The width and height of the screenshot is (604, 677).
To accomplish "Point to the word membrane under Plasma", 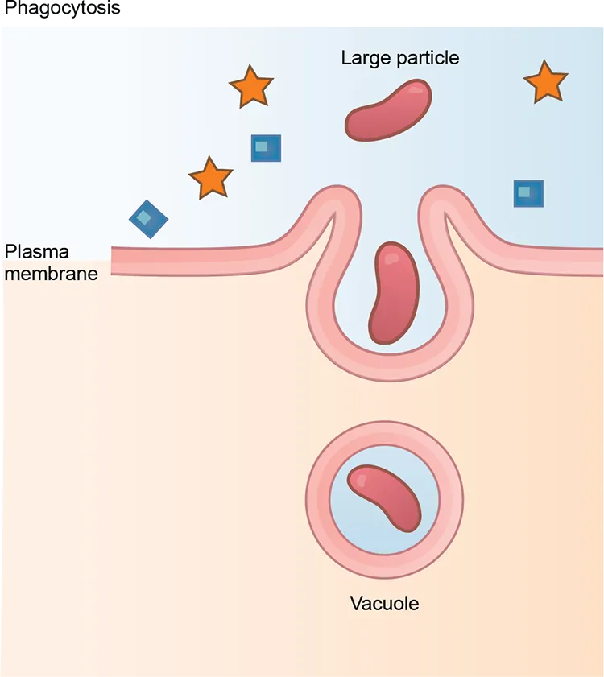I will (51, 274).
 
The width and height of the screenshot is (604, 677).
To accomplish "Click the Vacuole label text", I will (384, 604).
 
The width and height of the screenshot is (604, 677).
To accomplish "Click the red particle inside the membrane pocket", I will (391, 293).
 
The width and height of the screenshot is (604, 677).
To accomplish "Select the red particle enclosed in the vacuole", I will (383, 498).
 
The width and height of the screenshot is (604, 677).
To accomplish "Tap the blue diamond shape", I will (149, 219).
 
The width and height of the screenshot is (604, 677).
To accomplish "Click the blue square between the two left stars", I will (266, 148).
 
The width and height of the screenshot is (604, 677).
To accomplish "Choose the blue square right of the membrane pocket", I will (528, 193).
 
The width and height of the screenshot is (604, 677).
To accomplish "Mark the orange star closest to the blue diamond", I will (211, 179).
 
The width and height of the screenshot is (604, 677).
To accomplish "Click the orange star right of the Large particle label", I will (545, 82).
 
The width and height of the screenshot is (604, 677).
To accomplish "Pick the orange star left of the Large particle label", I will (251, 87).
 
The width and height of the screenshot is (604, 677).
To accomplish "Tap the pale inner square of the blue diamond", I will (143, 217).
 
